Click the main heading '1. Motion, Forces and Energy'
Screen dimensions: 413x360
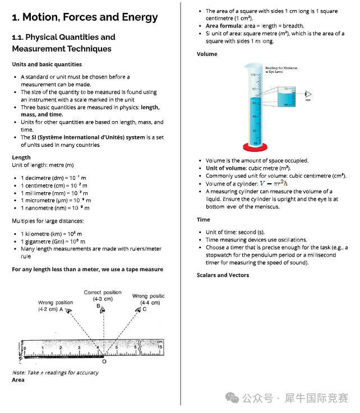click(x=85, y=17)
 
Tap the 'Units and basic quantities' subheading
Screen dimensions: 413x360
click(x=47, y=64)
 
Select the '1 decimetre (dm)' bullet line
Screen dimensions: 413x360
click(x=53, y=178)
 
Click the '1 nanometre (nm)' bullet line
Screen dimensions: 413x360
click(x=54, y=208)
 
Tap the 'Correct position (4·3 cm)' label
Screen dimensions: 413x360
click(x=103, y=296)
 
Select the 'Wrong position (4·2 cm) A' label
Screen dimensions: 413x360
click(x=54, y=306)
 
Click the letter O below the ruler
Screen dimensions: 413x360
click(x=104, y=361)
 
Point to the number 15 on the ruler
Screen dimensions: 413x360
click(x=159, y=347)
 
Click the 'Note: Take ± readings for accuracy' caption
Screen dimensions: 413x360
click(x=55, y=373)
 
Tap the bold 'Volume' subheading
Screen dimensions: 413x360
click(x=207, y=54)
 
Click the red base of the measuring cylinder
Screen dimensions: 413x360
click(x=255, y=147)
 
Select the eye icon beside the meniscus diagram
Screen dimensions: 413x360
click(x=307, y=94)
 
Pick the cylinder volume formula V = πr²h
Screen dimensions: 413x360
click(x=273, y=183)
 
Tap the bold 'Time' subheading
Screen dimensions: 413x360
click(x=204, y=220)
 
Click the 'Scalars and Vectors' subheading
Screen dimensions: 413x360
click(x=223, y=275)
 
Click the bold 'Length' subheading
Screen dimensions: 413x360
click(x=21, y=157)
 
